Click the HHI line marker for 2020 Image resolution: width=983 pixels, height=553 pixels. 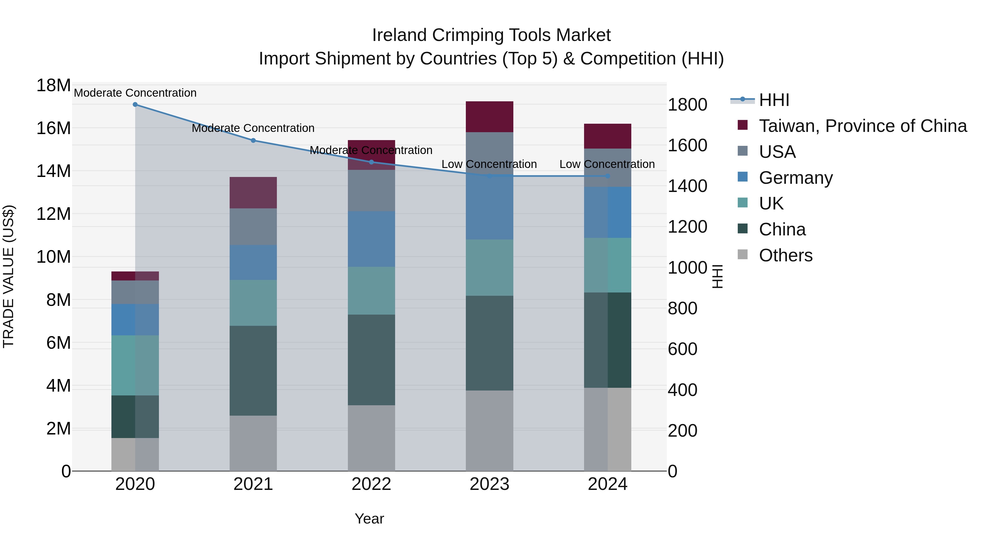[x=135, y=105]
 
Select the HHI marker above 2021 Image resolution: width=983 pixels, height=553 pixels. [x=253, y=140]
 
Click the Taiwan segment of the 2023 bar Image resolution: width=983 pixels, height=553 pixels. [x=489, y=117]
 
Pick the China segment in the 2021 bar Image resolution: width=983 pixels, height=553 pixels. [x=253, y=370]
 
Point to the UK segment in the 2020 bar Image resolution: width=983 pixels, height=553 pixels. [x=135, y=365]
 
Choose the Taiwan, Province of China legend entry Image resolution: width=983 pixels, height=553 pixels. [x=862, y=126]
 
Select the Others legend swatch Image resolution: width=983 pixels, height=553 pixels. [x=743, y=255]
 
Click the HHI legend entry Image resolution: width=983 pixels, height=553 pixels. [x=774, y=100]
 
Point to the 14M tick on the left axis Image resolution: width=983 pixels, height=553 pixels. [x=54, y=171]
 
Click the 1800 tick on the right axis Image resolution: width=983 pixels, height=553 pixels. [x=687, y=105]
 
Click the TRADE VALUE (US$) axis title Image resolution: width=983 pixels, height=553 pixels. [x=9, y=276]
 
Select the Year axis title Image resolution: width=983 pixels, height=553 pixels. [x=369, y=519]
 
